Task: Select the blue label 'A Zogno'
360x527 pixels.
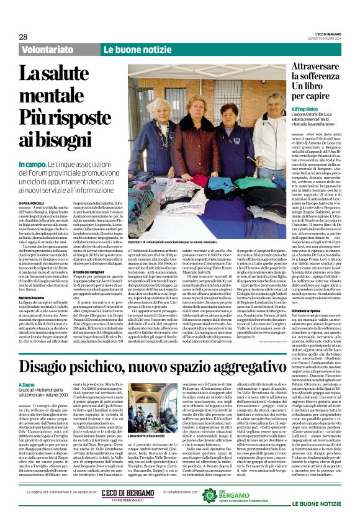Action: (x=26, y=367)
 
